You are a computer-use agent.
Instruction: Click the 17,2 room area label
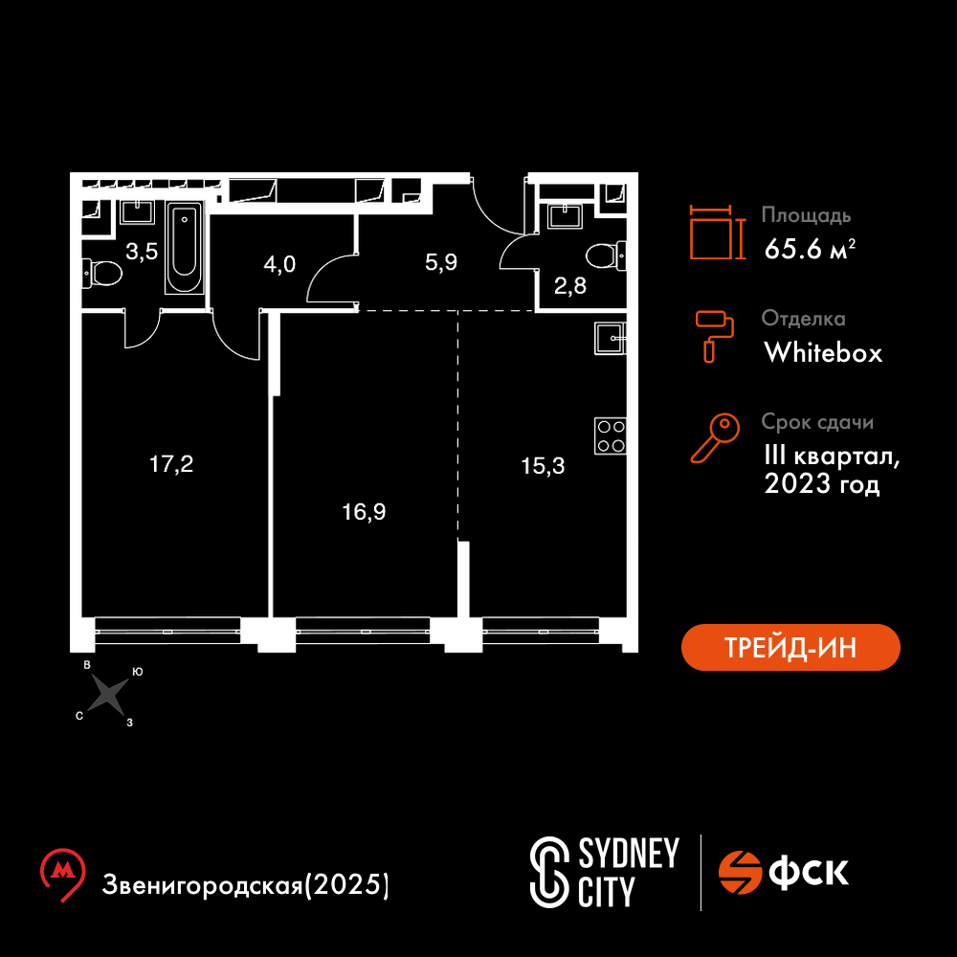click(171, 464)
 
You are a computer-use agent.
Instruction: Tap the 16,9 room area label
click(364, 512)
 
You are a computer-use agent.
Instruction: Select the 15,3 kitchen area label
click(543, 466)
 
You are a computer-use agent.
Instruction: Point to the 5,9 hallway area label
click(440, 262)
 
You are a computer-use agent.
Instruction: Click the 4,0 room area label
click(279, 264)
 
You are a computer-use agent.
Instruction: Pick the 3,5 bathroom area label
click(142, 252)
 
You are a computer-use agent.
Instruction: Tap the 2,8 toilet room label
click(570, 285)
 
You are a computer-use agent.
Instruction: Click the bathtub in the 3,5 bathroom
click(185, 249)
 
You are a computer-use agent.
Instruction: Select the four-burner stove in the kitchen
click(611, 435)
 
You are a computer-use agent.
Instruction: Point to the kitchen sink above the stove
click(611, 338)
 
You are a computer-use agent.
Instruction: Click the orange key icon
click(715, 437)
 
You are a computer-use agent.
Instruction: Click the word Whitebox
click(823, 353)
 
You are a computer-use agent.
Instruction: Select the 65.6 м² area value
click(810, 249)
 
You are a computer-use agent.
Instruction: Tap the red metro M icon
click(62, 874)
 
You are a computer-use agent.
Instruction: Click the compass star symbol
click(108, 695)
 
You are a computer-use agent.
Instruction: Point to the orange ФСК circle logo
click(740, 872)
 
